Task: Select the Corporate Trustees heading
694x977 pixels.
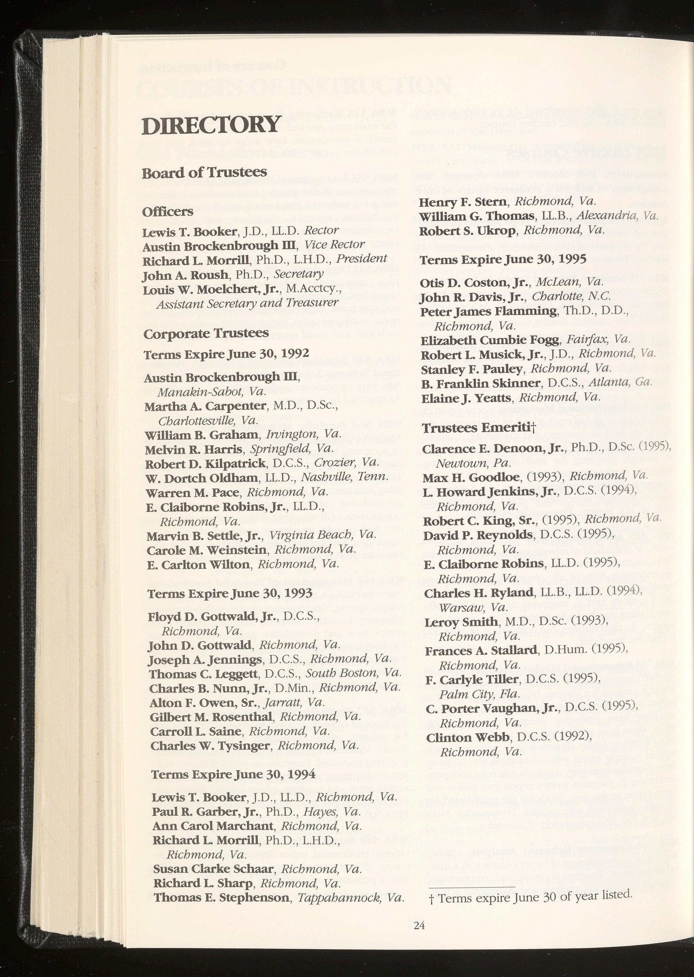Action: (x=206, y=333)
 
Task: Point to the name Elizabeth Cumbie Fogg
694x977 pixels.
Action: (x=490, y=340)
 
